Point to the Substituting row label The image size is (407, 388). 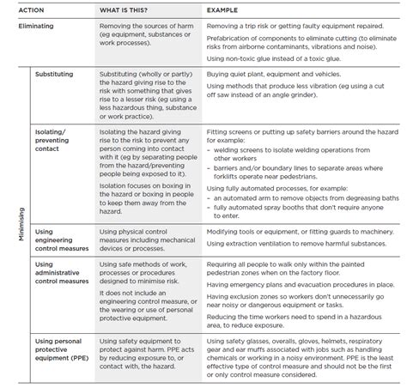[55, 75]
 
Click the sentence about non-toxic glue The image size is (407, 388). [278, 58]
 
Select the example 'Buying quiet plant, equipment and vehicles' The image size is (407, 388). [272, 75]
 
